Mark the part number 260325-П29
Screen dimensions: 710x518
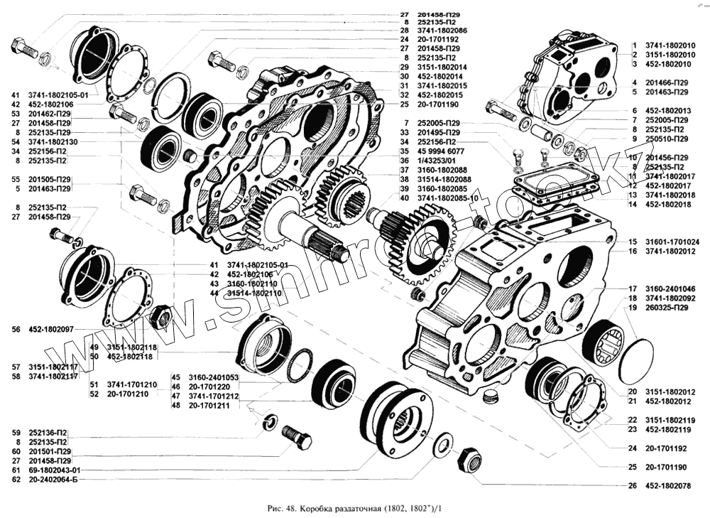tap(668, 308)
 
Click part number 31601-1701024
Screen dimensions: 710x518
tap(671, 242)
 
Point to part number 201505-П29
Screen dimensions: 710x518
tap(50, 180)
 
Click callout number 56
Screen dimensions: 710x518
tap(16, 330)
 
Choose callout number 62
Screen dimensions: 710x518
tap(16, 480)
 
